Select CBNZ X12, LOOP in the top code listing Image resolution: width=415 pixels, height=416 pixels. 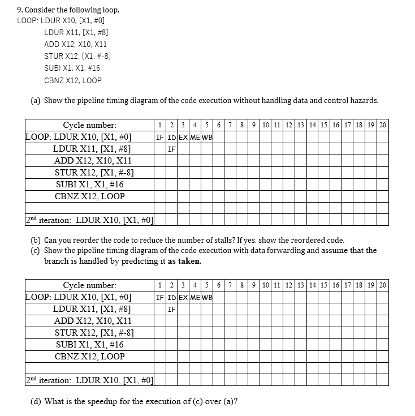[72, 80]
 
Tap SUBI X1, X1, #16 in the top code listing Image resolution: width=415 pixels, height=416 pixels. [72, 68]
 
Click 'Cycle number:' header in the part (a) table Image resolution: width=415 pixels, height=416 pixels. [89, 125]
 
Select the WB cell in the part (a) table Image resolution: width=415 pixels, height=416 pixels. [206, 137]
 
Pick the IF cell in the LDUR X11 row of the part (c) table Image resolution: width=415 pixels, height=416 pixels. [171, 309]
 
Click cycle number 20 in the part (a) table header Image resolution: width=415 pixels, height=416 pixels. [383, 125]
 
